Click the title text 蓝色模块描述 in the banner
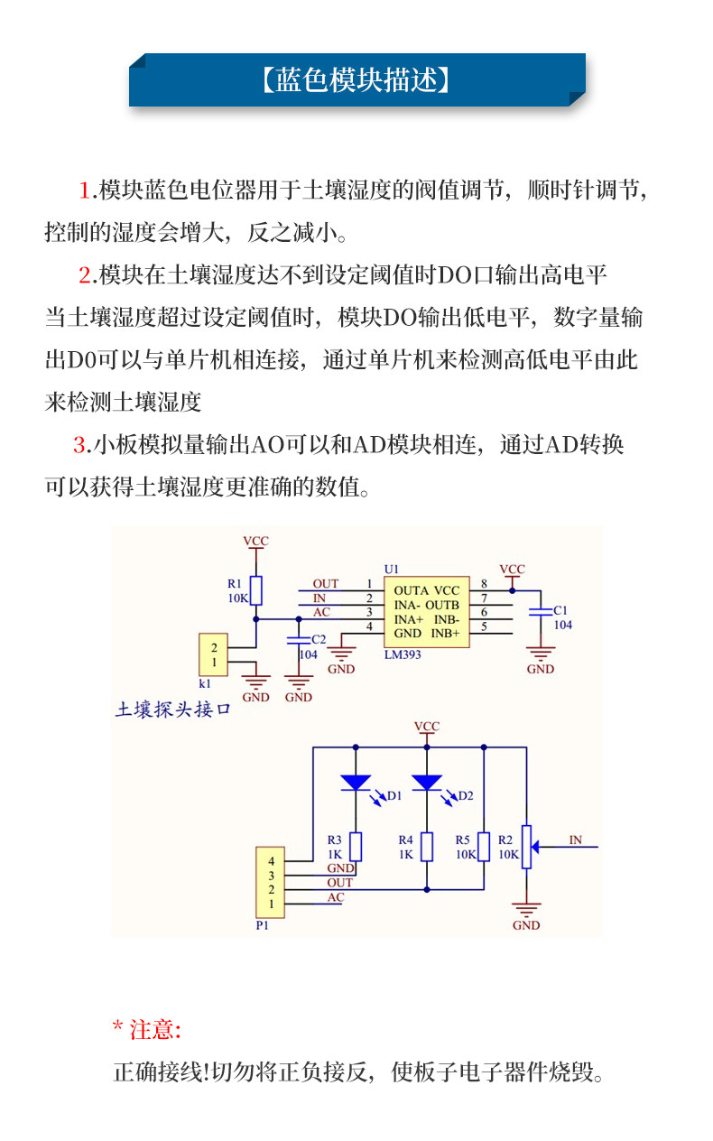pos(356,80)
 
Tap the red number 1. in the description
pos(87,190)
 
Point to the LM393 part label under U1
pos(403,654)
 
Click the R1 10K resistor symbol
pos(256,590)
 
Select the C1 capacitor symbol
pos(540,611)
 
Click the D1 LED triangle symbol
pos(356,782)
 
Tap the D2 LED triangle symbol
pos(427,782)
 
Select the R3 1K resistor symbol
pos(356,847)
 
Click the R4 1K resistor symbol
pos(427,847)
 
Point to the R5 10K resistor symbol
pos(484,847)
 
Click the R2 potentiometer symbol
pos(526,847)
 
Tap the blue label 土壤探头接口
pos(172,710)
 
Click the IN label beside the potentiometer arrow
pos(575,840)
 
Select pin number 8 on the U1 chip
pos(484,583)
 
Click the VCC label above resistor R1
pos(256,541)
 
